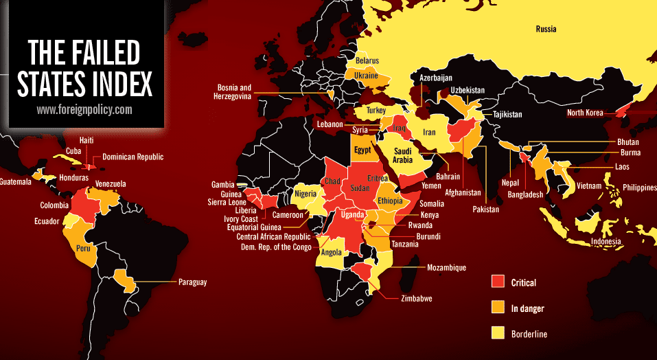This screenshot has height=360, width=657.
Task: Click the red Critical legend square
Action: tap(498, 282)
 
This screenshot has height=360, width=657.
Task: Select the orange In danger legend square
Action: tap(498, 308)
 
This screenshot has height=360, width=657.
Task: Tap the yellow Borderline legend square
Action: tap(498, 334)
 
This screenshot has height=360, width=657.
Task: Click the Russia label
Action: tap(546, 29)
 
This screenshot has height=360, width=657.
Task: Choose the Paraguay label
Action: tap(192, 282)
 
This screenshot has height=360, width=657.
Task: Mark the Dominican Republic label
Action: tap(132, 157)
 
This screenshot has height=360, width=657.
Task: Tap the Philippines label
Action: tap(638, 187)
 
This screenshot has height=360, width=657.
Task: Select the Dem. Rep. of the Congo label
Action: tap(273, 246)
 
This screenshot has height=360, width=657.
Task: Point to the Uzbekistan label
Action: tap(468, 90)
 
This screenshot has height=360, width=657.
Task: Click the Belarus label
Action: tap(367, 61)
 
